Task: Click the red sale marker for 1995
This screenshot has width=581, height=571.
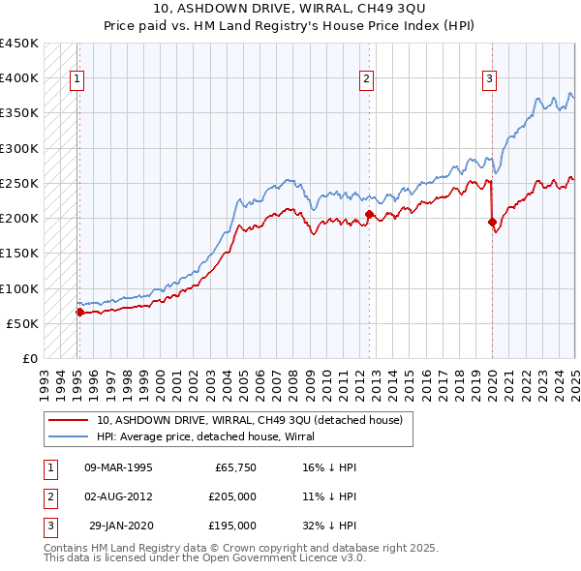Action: coord(79,312)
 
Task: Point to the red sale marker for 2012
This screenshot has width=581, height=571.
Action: coord(369,214)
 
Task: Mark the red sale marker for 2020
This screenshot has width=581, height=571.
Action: coord(492,222)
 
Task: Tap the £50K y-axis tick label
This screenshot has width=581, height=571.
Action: coord(23,323)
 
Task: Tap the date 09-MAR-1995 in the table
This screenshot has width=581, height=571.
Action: coord(119,467)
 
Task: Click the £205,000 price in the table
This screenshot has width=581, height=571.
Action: coord(231,496)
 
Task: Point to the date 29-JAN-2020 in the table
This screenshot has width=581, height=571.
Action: coord(120,526)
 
